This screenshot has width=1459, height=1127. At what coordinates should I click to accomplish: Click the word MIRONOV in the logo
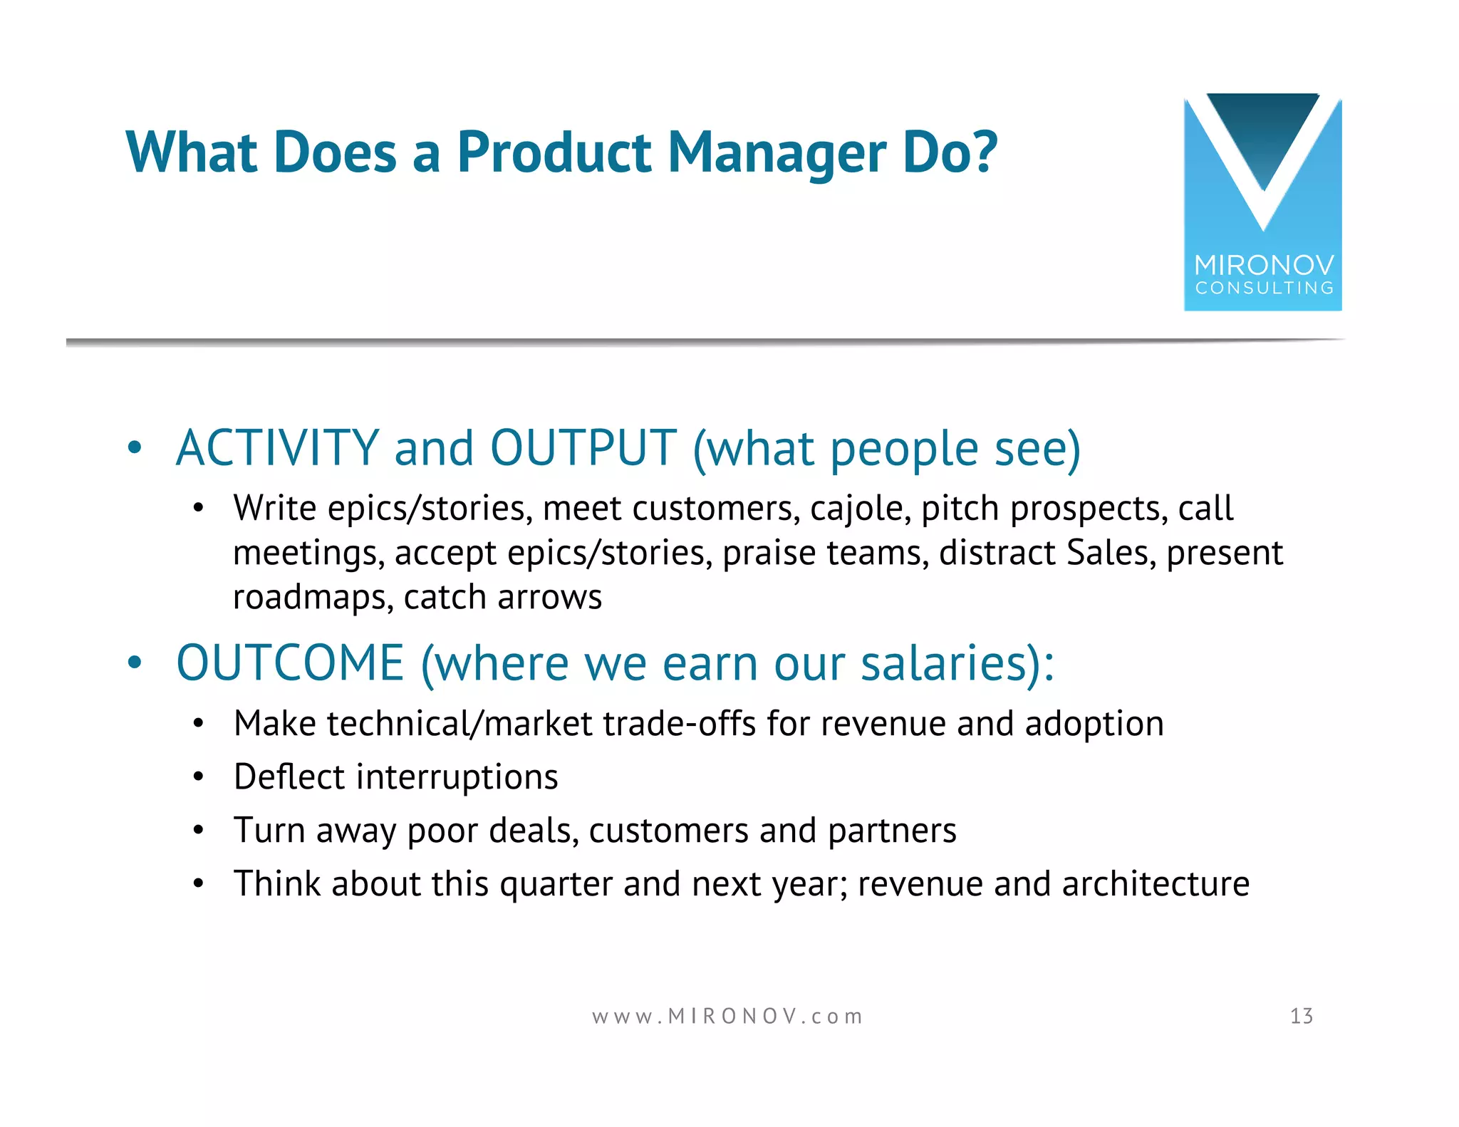(1264, 265)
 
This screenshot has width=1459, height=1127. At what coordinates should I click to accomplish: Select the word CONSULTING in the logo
(1264, 288)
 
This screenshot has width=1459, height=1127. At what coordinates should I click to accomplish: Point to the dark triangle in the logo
(1263, 135)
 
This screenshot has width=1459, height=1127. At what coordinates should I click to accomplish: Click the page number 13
(1301, 1016)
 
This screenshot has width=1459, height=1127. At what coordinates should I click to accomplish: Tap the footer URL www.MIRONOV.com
(727, 1016)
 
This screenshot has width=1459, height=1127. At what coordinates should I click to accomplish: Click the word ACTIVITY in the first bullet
(277, 448)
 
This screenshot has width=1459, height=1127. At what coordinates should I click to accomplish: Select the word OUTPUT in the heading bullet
(583, 448)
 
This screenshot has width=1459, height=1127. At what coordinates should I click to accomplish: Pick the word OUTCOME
(290, 663)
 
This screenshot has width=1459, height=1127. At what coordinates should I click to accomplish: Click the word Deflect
(289, 777)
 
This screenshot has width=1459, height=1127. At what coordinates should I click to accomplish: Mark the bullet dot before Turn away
(198, 831)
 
